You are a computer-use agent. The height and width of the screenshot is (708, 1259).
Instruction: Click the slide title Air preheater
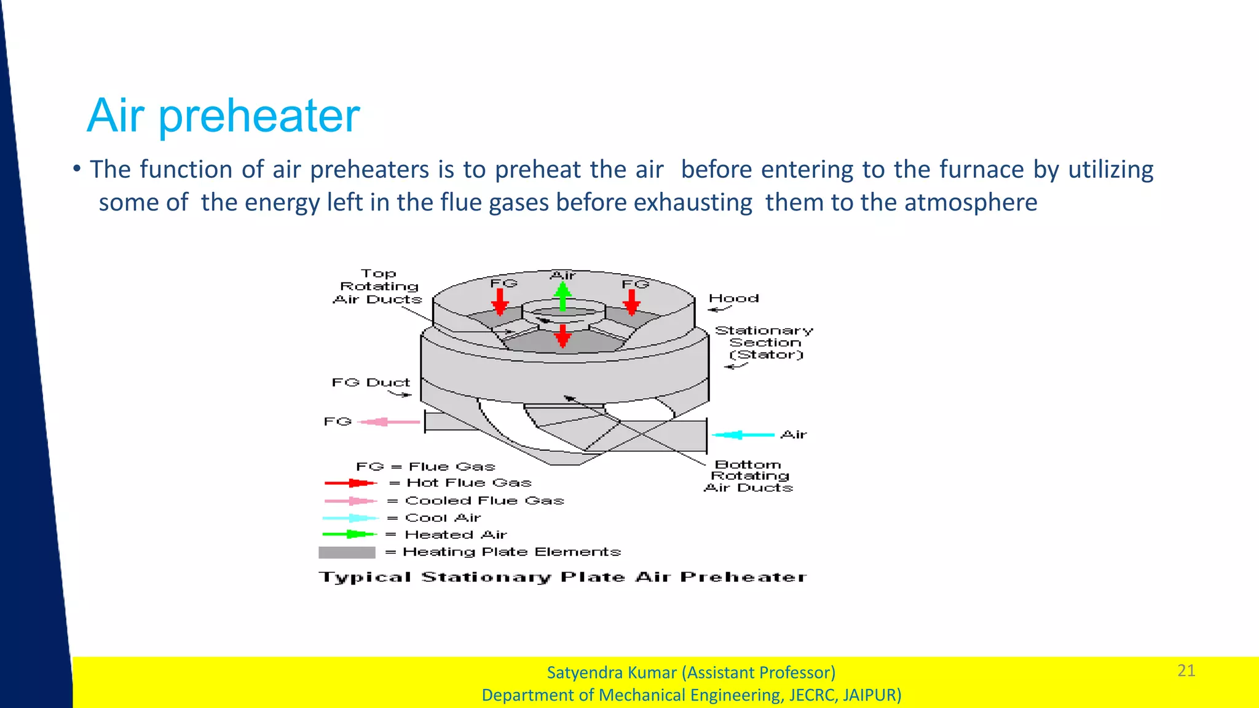[x=223, y=116]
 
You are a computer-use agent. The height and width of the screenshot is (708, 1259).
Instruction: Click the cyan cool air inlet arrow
[x=743, y=435]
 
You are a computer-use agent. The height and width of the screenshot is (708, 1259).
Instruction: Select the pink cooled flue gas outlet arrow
[x=389, y=422]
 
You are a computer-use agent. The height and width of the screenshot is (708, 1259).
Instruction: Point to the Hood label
[x=733, y=298]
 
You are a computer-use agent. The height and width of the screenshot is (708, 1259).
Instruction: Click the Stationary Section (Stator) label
[x=764, y=343]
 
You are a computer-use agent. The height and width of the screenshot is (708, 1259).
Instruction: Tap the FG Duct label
[x=371, y=383]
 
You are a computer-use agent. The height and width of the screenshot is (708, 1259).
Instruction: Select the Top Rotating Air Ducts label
[x=378, y=287]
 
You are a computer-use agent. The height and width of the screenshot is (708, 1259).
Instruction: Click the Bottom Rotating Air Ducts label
[x=749, y=476]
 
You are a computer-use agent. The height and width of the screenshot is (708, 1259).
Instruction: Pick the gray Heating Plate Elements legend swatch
[x=347, y=552]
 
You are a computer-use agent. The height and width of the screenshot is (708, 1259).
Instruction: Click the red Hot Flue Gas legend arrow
[x=350, y=483]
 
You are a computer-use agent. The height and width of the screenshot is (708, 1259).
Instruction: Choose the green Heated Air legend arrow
[x=349, y=535]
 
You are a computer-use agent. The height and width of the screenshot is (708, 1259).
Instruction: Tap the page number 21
[x=1186, y=670]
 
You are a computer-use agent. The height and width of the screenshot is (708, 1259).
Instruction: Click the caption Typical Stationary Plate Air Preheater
[x=562, y=578]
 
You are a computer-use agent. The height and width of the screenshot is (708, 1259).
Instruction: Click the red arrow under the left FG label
[x=500, y=302]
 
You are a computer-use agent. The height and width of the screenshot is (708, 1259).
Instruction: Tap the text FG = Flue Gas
[x=425, y=467]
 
